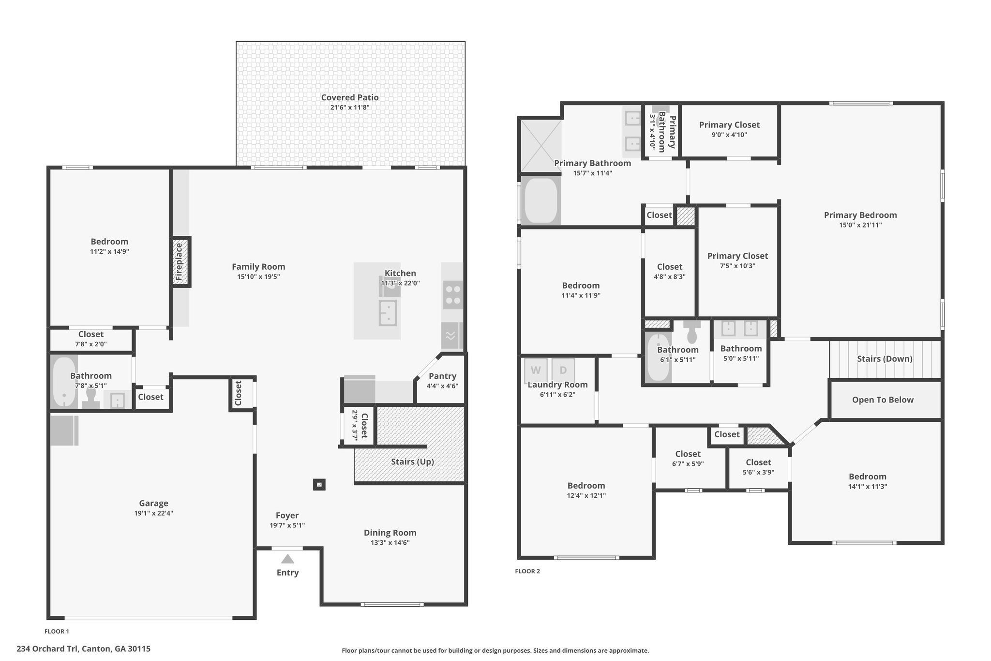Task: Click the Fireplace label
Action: pos(179,261)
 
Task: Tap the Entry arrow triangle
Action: pos(288,559)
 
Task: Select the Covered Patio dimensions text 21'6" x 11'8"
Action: pos(350,108)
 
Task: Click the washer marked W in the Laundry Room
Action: pos(536,370)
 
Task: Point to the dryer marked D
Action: pos(563,370)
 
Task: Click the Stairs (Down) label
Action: pos(885,359)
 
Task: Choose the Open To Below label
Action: pos(883,400)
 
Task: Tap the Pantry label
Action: pos(442,376)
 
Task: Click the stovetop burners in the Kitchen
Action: pos(453,294)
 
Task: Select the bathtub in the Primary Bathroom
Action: pos(541,200)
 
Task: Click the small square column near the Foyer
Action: pos(319,484)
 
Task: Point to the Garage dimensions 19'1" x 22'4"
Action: pos(154,513)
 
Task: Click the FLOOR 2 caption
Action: pos(527,571)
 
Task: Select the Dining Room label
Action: pos(390,533)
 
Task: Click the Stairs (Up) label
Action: pos(412,461)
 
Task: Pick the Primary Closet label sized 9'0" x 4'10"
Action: pos(729,125)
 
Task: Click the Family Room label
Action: pos(258,267)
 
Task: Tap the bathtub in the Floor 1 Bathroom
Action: pos(64,382)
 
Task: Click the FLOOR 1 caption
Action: pos(57,631)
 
